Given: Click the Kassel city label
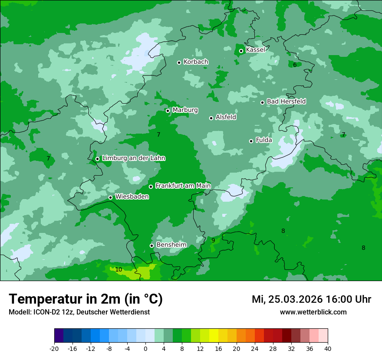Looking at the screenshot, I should pyautogui.click(x=255, y=50).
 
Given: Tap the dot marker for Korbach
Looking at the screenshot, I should pyautogui.click(x=179, y=62).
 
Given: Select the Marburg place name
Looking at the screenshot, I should pyautogui.click(x=185, y=110).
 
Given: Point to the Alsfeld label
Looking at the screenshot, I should pyautogui.click(x=226, y=117).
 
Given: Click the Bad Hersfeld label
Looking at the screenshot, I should pyautogui.click(x=286, y=101).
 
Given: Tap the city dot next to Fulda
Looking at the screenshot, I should pyautogui.click(x=251, y=141).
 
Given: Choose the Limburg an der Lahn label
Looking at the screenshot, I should pyautogui.click(x=133, y=158).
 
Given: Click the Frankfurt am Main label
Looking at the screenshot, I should pyautogui.click(x=183, y=186).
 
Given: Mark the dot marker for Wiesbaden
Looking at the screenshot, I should pyautogui.click(x=110, y=197).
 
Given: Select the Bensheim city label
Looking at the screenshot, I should pyautogui.click(x=171, y=245).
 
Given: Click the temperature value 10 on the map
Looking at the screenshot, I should pyautogui.click(x=119, y=269).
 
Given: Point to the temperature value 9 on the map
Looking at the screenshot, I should pyautogui.click(x=213, y=240).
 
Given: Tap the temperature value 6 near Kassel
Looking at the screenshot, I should pyautogui.click(x=295, y=65).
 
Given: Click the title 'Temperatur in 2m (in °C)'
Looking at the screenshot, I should pyautogui.click(x=86, y=299).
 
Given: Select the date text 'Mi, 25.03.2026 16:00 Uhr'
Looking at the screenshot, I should pyautogui.click(x=311, y=299).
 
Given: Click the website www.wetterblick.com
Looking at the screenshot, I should pyautogui.click(x=313, y=312).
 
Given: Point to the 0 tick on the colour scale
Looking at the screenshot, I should pyautogui.click(x=145, y=348).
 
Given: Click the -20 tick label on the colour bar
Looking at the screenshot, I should pyautogui.click(x=54, y=348).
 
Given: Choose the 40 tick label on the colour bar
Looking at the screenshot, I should pyautogui.click(x=328, y=348).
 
